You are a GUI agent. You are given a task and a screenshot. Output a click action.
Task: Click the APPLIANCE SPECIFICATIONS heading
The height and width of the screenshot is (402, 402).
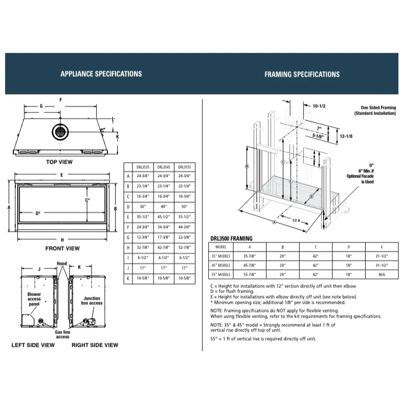point(101,74)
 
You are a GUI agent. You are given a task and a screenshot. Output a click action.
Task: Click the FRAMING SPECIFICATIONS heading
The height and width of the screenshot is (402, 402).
point(302,74)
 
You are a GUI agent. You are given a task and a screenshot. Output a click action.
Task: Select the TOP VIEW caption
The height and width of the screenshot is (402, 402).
point(59,162)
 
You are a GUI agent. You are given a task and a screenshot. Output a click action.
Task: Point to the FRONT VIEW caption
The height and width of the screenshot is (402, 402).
point(62,249)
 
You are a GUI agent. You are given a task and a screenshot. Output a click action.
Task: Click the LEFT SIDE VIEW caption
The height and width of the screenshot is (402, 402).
point(33,345)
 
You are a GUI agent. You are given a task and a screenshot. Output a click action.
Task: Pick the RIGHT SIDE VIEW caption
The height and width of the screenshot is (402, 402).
point(95,345)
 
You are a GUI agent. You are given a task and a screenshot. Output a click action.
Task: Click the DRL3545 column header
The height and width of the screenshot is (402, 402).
point(164,167)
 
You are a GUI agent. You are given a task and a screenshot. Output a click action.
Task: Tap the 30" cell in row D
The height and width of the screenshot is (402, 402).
point(142,206)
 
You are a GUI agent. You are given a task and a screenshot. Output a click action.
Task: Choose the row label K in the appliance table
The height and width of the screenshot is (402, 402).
point(128,279)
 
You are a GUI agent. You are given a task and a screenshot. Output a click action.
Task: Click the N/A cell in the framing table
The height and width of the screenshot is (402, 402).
point(381,274)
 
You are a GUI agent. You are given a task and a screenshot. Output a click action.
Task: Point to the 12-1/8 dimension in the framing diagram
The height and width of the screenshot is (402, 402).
point(348,136)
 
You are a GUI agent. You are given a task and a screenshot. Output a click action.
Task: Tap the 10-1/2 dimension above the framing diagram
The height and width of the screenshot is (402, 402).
point(320,105)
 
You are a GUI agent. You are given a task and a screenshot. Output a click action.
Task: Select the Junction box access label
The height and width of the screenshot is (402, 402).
point(92,300)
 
